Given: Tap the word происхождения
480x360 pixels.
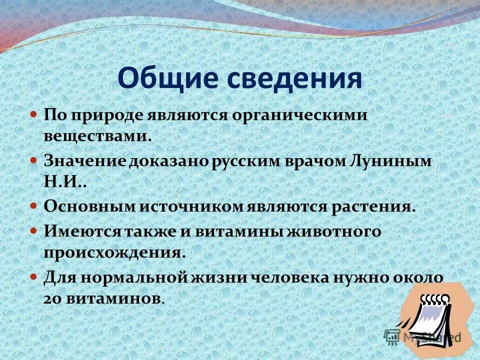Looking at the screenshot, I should tap(115, 252).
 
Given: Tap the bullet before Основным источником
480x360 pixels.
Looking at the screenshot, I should tap(34, 205).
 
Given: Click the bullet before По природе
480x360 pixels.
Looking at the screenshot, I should tap(34, 114).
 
